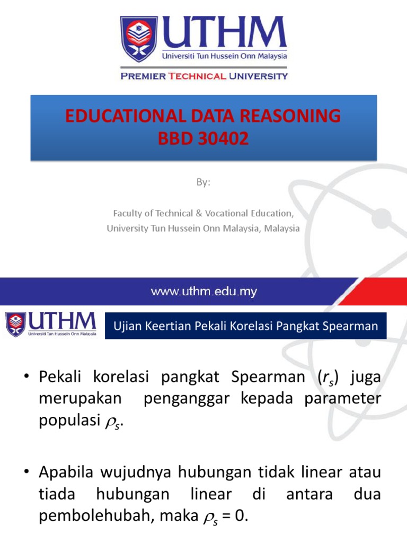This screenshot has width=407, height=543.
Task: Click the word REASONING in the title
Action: pos(296,116)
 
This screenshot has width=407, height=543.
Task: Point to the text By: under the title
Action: pos(203,182)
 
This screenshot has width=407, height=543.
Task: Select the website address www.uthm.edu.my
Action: pos(204,291)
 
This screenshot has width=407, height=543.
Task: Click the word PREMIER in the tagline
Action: pos(143,76)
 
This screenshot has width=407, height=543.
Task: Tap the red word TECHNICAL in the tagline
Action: pos(197,76)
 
